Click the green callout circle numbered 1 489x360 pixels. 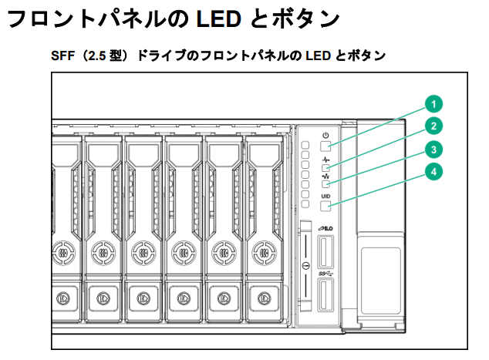436,103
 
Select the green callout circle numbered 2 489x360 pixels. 436,125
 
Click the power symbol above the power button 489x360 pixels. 325,135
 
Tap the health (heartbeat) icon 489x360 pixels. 325,157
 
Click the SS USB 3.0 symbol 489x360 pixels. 325,274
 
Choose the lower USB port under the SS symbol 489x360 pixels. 325,296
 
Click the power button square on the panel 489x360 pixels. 325,145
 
